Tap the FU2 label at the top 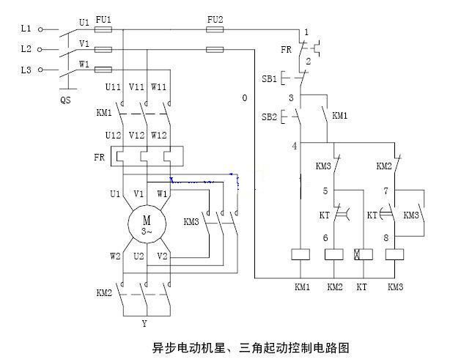215,18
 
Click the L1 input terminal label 26,29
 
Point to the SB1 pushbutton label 269,78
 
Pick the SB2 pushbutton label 269,117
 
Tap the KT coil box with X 363,254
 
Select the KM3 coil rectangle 396,254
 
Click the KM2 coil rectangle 334,254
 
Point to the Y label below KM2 144,322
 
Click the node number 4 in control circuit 295,146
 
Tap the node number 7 386,191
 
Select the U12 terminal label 113,136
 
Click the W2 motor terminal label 116,256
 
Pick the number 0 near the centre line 245,98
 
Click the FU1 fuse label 103,19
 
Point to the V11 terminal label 136,87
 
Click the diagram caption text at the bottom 236,345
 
